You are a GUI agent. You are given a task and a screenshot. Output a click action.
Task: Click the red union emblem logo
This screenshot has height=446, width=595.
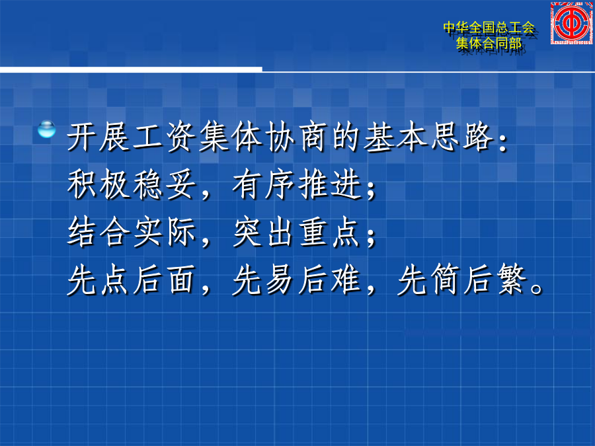[571, 22]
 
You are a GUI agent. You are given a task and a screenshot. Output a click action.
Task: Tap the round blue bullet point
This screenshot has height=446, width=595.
[47, 129]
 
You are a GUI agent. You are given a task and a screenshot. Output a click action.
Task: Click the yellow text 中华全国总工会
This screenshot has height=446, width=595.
[489, 28]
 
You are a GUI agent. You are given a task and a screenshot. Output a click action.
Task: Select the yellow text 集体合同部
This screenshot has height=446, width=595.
[489, 43]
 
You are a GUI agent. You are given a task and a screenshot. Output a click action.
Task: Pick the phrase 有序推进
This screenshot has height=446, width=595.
[297, 185]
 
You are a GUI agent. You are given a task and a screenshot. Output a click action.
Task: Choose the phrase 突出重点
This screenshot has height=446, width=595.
[297, 233]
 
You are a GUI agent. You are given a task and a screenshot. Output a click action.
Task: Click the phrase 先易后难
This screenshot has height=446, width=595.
[297, 280]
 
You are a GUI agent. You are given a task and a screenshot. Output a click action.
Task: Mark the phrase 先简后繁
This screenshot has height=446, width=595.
[462, 280]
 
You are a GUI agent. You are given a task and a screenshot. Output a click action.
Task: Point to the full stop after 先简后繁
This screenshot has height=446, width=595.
[537, 289]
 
